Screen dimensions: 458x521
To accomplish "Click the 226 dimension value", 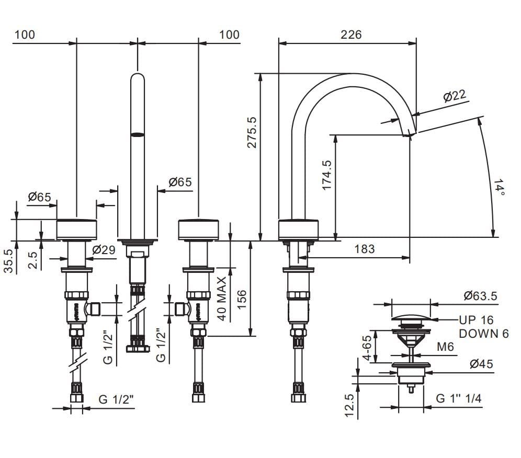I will [351, 35].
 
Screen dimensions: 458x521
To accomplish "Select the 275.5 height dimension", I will [252, 132].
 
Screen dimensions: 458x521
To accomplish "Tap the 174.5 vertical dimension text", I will [326, 174].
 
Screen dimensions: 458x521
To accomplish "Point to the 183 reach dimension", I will [365, 249].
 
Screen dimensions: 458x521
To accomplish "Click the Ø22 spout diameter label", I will [454, 96].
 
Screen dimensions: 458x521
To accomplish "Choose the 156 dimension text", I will [241, 300].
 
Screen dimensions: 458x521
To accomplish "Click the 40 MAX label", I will [221, 299].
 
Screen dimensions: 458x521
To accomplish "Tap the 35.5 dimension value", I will [8, 260].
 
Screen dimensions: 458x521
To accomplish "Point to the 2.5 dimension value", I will [33, 260].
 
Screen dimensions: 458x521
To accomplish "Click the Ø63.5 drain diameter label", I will [480, 296].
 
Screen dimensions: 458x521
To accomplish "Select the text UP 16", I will [476, 320].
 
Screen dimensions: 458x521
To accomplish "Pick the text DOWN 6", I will [483, 334].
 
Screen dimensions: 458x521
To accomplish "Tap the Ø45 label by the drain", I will [481, 364].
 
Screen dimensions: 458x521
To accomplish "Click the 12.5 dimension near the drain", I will [350, 406].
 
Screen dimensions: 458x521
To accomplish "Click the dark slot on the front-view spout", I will [137, 135].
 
